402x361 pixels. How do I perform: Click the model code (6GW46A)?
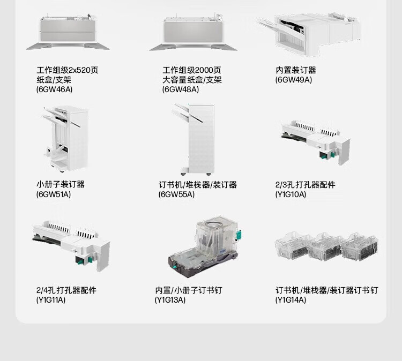click(x=54, y=89)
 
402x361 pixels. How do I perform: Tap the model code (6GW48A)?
click(x=181, y=89)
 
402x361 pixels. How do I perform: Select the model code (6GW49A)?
click(x=294, y=80)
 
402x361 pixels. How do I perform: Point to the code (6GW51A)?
click(x=53, y=194)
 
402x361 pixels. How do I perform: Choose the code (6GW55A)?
click(x=176, y=194)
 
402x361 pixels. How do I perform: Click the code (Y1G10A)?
click(x=291, y=194)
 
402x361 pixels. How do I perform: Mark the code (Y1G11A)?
click(x=51, y=300)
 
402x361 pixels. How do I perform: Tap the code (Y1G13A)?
click(x=170, y=300)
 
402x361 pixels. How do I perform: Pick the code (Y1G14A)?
click(x=291, y=300)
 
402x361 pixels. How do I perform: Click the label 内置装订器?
click(x=296, y=70)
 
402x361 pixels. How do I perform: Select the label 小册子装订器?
click(x=61, y=184)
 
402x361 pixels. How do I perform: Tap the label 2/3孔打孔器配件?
click(x=306, y=185)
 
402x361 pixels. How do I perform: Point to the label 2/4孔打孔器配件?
click(x=66, y=290)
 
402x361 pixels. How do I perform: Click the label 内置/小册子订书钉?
click(x=189, y=290)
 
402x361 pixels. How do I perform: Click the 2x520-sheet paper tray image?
click(x=68, y=32)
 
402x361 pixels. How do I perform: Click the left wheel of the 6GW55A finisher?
click(x=183, y=174)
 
